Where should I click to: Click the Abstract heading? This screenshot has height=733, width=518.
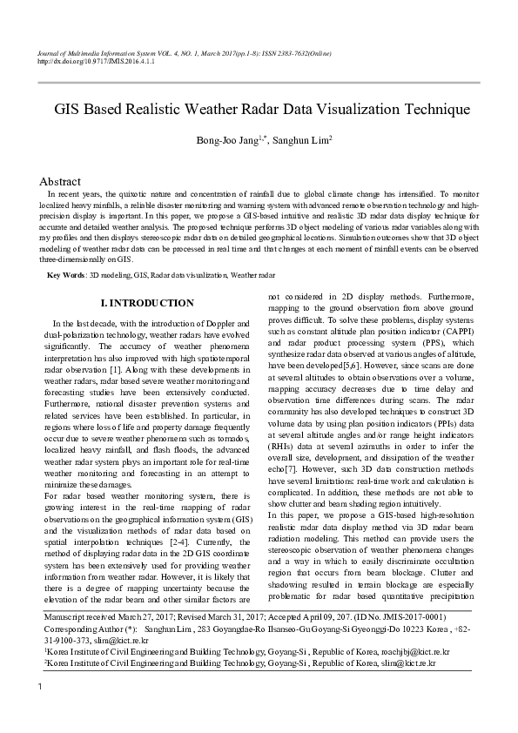click(61, 181)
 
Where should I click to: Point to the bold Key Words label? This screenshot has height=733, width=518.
click(66, 275)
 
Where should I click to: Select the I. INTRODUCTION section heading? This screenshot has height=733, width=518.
click(147, 303)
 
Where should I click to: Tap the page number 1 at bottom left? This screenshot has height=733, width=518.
click(40, 714)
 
